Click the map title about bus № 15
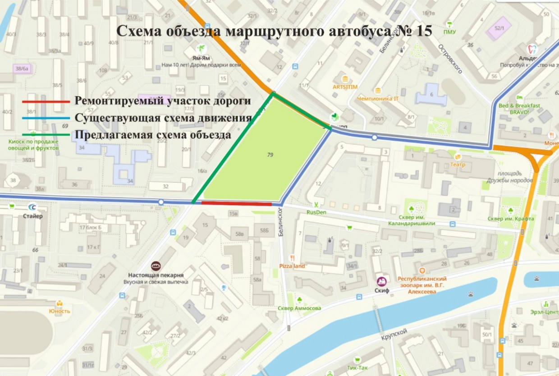pos(274,31)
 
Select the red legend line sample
pos(46,102)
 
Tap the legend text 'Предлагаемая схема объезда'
pos(153,135)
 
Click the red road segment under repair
pos(236,203)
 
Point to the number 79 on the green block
pos(270,155)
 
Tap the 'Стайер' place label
pos(33,216)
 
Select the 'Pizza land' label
pos(292,266)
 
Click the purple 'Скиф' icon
pos(381,282)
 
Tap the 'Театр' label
pos(458,165)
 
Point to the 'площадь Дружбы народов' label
pos(510,177)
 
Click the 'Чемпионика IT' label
pos(377,98)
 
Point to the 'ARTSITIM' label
pos(345,86)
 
